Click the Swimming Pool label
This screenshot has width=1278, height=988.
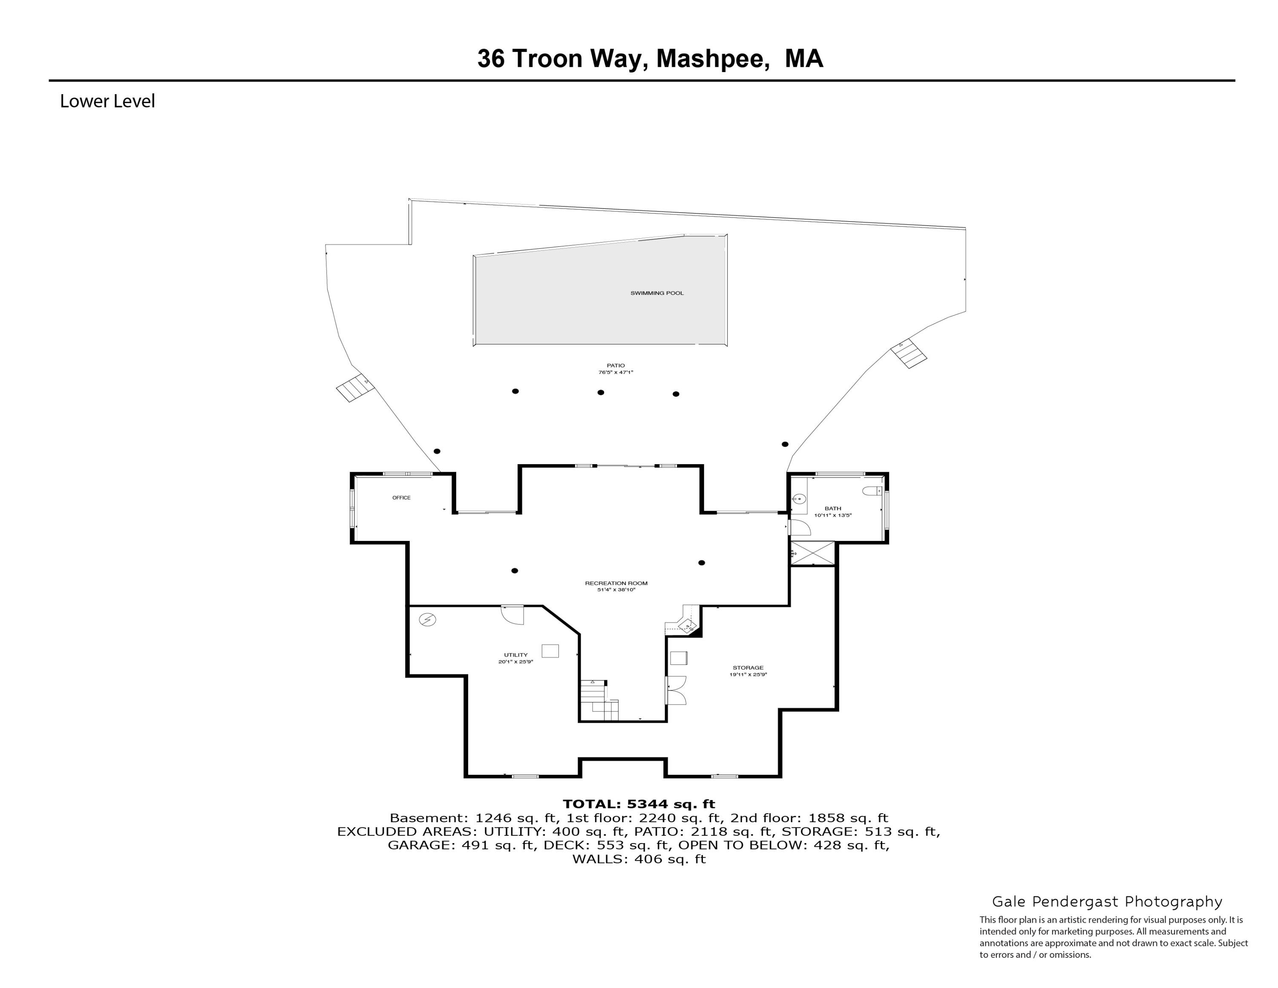tap(656, 293)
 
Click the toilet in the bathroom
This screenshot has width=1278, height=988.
tap(872, 491)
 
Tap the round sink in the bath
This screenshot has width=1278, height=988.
tap(799, 499)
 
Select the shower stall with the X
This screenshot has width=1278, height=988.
tap(813, 554)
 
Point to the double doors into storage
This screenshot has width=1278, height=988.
tap(676, 690)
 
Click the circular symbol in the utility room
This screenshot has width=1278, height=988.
tap(428, 619)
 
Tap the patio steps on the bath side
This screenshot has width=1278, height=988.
tap(909, 353)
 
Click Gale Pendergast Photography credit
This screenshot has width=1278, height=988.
tap(1107, 902)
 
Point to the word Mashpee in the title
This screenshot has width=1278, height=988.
tap(712, 58)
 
